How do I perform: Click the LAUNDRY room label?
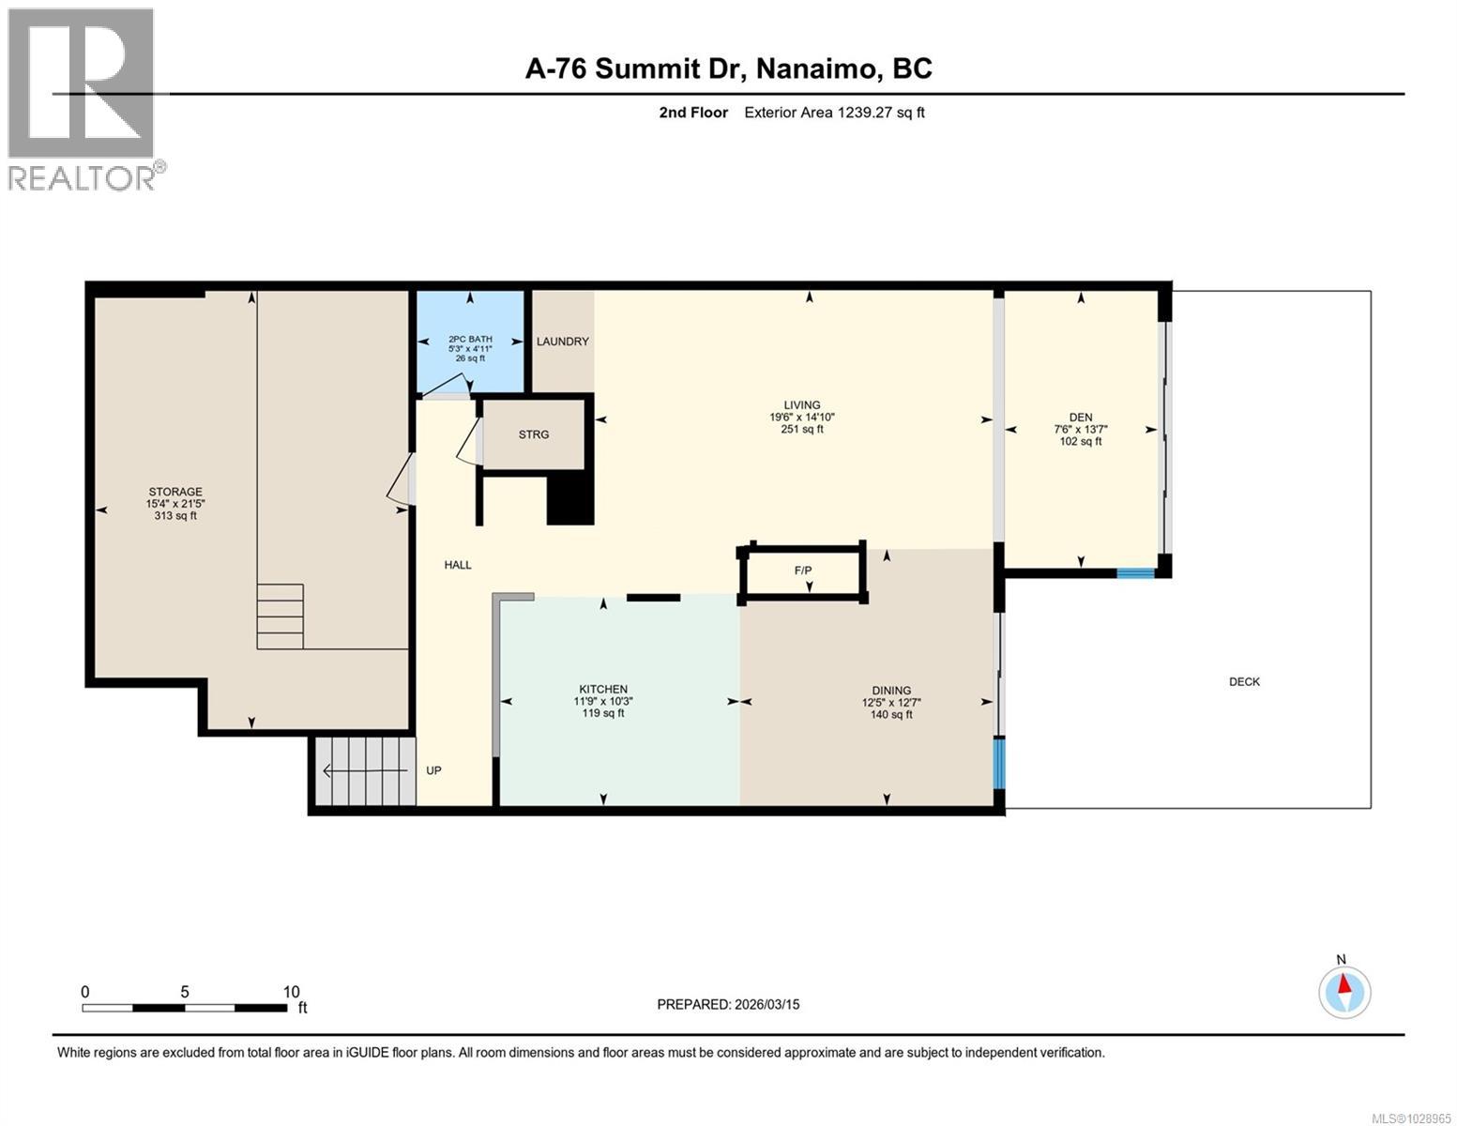[562, 341]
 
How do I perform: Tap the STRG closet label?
[533, 434]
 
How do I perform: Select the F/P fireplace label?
[802, 571]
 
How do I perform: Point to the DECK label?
[1244, 681]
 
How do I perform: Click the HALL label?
[457, 565]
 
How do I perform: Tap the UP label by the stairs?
[433, 770]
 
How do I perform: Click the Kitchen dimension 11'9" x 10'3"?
[602, 702]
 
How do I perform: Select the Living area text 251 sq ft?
[802, 429]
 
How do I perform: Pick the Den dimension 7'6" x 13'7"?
[1080, 429]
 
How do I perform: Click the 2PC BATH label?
[470, 340]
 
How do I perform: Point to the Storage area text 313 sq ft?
[175, 516]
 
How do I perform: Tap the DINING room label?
[891, 690]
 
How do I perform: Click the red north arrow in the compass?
[1343, 983]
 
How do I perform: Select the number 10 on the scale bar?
[291, 992]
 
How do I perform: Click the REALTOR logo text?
[82, 178]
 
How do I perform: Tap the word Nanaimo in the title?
[816, 69]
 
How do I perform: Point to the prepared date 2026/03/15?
[767, 1005]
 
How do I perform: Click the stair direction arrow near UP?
[365, 771]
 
